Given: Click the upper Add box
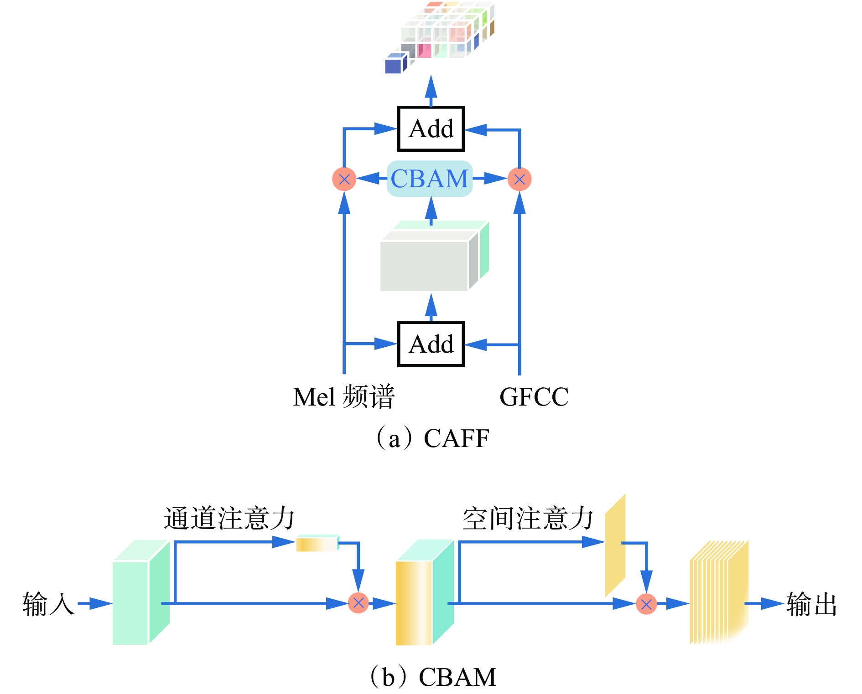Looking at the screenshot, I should click(431, 129).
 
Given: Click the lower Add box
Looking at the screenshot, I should click(431, 344).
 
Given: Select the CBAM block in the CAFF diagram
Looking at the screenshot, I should click(430, 179).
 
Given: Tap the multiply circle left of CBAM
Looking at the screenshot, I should click(344, 179).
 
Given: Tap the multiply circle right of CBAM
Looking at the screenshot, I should click(519, 179).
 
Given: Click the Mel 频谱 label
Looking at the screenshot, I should click(343, 397).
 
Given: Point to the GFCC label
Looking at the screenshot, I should click(534, 397).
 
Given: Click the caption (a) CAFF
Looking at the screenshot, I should click(432, 438).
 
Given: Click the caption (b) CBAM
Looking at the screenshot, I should click(432, 677).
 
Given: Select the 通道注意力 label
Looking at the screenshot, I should click(229, 519).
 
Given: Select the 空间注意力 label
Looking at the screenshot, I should click(528, 519).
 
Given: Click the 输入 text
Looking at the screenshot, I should click(48, 604).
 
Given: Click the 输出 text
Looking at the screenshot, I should click(812, 604).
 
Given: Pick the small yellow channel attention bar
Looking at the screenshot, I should click(317, 544).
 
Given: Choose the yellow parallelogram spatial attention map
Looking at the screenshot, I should click(615, 545).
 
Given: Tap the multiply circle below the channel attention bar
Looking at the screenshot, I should click(358, 603).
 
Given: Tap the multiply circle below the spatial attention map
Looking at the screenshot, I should click(646, 604).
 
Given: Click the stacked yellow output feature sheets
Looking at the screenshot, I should click(718, 592).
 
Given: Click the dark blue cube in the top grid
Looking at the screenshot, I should click(394, 65).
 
